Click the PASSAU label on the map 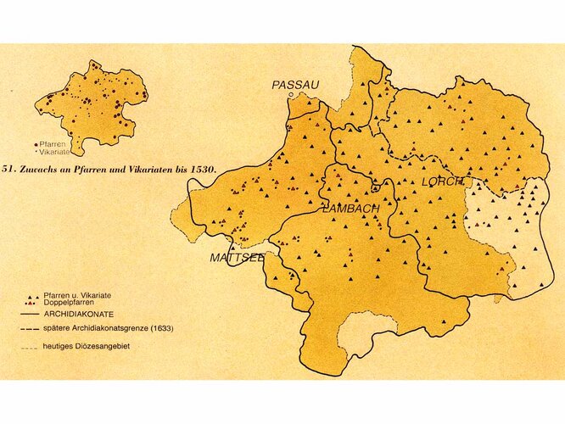[295, 85]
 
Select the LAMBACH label [348, 209]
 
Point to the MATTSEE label [237, 257]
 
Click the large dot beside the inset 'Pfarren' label [35, 144]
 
